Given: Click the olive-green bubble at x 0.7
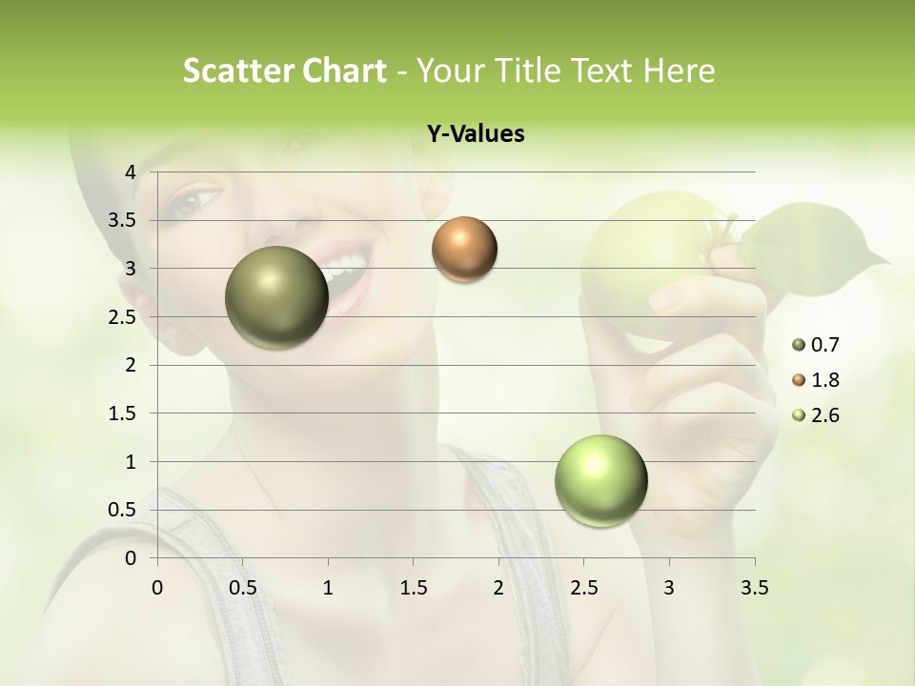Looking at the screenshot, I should pyautogui.click(x=276, y=297).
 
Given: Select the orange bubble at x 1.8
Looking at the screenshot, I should pyautogui.click(x=464, y=250).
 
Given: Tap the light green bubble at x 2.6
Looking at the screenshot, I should pyautogui.click(x=600, y=480).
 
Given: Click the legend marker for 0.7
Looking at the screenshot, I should pyautogui.click(x=799, y=345).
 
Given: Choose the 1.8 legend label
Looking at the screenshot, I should pyautogui.click(x=825, y=380).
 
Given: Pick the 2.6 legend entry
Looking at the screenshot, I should pyautogui.click(x=825, y=415).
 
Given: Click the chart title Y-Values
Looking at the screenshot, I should pyautogui.click(x=476, y=134).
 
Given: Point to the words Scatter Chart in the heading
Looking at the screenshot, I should pyautogui.click(x=284, y=71).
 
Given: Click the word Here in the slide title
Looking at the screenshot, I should pyautogui.click(x=679, y=71).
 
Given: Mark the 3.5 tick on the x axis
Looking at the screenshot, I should pyautogui.click(x=755, y=588).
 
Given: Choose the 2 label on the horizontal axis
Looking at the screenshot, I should pyautogui.click(x=498, y=588).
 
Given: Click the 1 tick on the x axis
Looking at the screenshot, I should pyautogui.click(x=328, y=588).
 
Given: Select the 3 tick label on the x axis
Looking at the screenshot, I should pyautogui.click(x=669, y=588).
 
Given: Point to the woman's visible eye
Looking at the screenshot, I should pyautogui.click(x=195, y=200).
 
